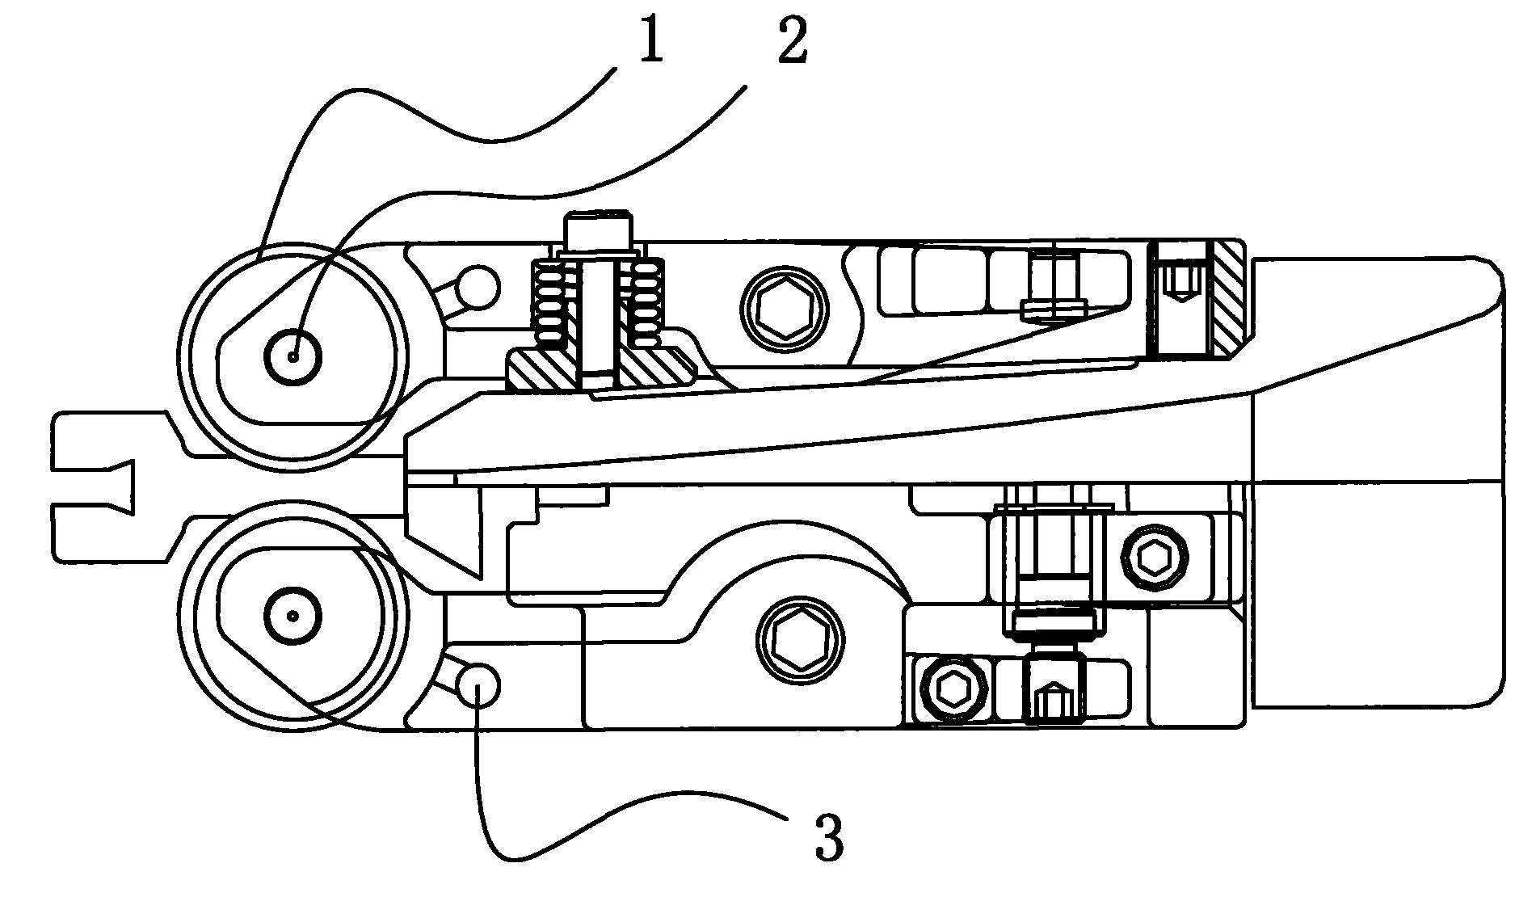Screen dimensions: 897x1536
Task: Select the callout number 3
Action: click(x=829, y=838)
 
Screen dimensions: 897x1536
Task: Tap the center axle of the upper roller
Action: click(x=293, y=355)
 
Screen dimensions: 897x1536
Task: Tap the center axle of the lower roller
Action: click(x=293, y=616)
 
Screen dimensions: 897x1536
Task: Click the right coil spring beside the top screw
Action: click(x=645, y=303)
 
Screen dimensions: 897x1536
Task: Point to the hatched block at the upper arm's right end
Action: click(x=1227, y=299)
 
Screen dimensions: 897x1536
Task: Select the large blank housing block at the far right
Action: click(x=1374, y=485)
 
